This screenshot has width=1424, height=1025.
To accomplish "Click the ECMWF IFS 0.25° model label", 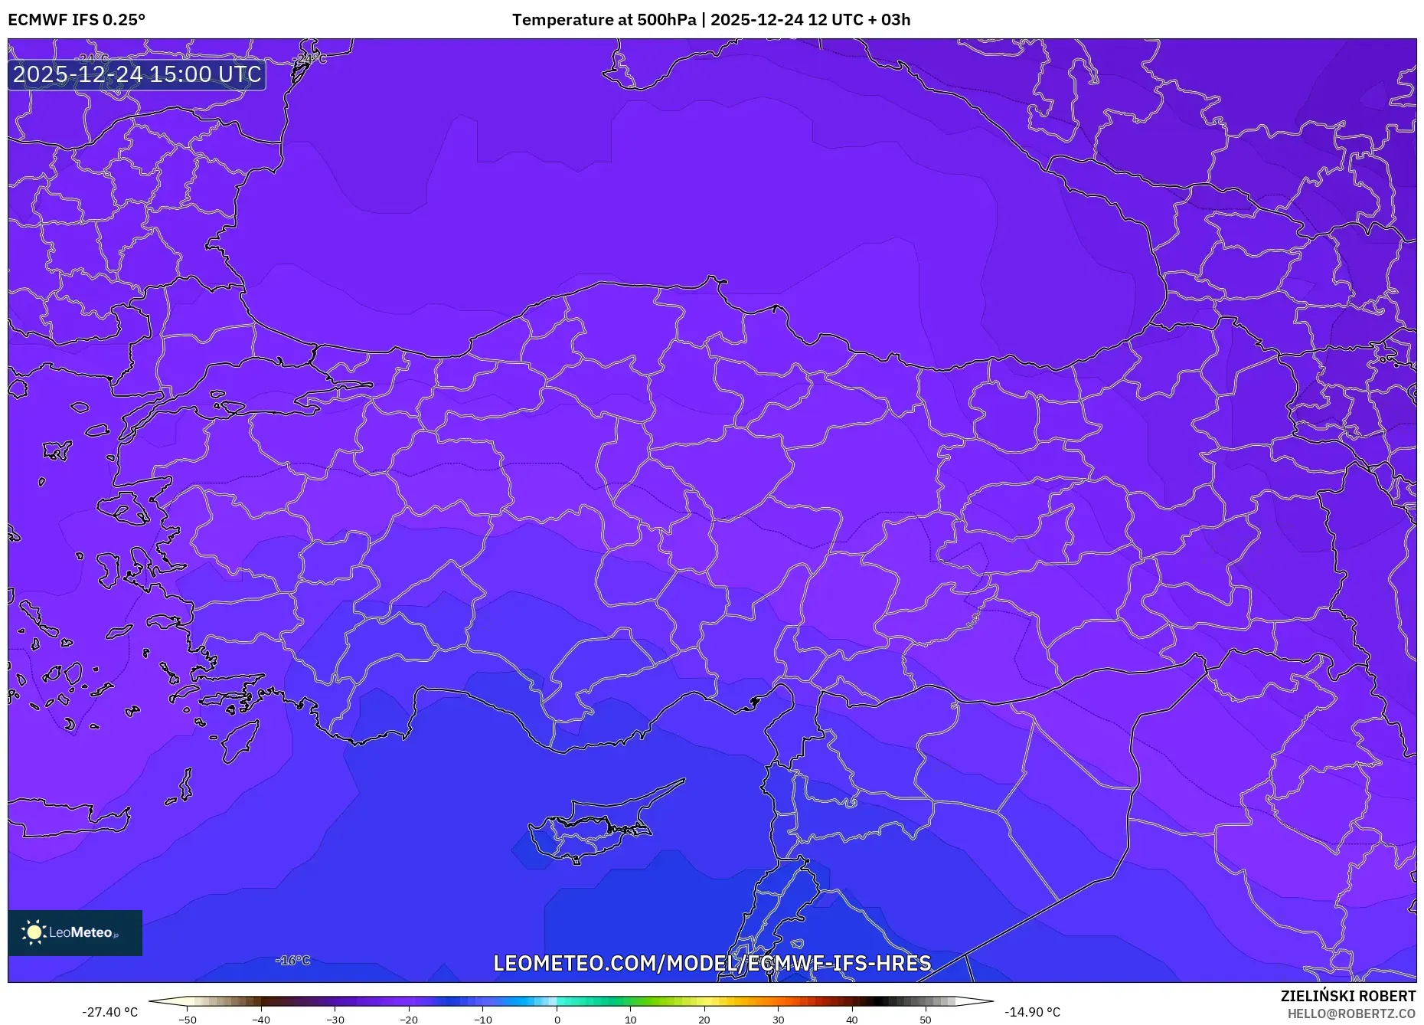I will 77,20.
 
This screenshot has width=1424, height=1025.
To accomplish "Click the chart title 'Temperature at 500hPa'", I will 604,20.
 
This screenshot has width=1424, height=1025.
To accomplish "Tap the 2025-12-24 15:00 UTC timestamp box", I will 137,74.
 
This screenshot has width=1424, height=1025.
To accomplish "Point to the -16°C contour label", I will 293,960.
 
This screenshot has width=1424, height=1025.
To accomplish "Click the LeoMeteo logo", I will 75,932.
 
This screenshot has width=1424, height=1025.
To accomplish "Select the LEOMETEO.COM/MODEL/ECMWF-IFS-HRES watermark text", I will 712,963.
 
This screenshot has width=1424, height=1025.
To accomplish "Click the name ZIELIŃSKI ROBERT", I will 1347,996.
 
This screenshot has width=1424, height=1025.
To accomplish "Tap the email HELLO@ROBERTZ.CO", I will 1351,1014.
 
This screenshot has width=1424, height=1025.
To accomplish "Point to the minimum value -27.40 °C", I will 110,1012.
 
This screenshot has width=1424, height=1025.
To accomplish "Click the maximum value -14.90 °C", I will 1032,1012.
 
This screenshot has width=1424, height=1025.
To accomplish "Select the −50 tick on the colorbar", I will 188,1019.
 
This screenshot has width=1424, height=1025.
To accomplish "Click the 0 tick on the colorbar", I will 557,1019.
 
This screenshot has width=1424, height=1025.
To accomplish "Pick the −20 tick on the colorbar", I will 409,1019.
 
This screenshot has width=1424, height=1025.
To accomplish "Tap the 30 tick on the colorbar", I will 778,1019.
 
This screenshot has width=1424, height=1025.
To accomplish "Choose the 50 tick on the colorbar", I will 926,1019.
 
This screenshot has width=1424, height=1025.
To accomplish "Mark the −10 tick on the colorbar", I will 482,1019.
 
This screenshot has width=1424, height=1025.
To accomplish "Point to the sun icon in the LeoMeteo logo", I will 34,932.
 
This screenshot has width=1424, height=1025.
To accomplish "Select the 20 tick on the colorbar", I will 704,1019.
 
